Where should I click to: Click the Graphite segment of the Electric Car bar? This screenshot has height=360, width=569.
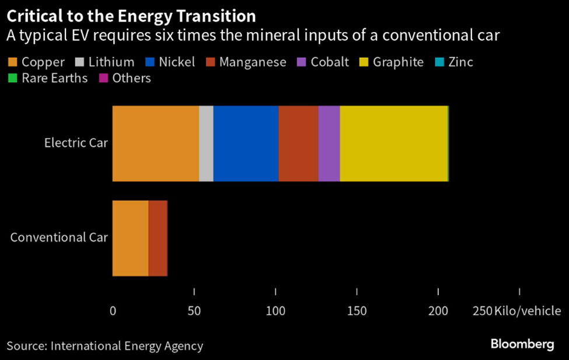[393, 144]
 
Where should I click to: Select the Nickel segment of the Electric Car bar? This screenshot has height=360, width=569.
[246, 144]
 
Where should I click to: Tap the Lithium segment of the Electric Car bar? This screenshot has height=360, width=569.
[206, 144]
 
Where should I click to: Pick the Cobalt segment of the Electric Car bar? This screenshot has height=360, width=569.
[329, 144]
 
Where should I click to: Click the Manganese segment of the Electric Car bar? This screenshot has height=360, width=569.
[298, 144]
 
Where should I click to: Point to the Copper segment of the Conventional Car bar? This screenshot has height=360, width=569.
[130, 238]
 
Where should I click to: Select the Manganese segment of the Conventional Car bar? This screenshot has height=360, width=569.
[158, 238]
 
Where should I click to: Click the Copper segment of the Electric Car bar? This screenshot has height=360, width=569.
[155, 144]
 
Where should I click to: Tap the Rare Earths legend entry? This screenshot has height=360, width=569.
[49, 78]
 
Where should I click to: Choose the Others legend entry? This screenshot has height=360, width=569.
[127, 78]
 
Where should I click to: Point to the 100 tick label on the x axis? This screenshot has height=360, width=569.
[275, 311]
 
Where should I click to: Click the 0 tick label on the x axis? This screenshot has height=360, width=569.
[113, 311]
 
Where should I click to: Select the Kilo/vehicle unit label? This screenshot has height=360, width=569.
[528, 311]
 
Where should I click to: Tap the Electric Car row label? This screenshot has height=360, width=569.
[76, 143]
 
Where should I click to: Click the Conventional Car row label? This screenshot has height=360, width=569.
[59, 237]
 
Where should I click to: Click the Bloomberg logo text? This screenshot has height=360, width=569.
[522, 344]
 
